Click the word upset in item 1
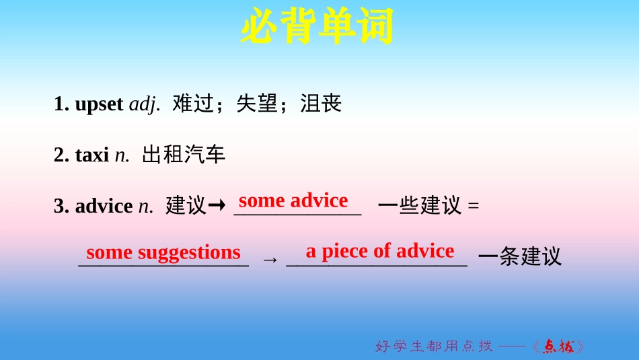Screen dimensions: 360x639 click(99, 104)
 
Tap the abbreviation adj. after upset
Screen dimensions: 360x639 click(144, 104)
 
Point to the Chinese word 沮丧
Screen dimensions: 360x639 click(321, 104)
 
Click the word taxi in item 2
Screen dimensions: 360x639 click(91, 155)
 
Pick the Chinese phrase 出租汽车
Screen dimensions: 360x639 click(184, 155)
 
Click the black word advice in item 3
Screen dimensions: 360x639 click(104, 206)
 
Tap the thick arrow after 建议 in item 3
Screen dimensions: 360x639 click(217, 206)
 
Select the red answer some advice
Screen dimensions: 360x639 click(293, 200)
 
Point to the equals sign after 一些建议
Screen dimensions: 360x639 click(473, 206)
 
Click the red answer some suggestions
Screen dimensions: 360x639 click(163, 252)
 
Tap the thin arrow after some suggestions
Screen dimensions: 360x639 click(269, 258)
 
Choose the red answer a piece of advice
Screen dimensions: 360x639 click(380, 251)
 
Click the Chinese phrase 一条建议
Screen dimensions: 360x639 click(519, 256)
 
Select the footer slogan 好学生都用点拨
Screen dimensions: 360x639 click(434, 346)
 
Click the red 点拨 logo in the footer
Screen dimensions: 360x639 click(558, 347)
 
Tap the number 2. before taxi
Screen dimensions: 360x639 click(61, 155)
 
